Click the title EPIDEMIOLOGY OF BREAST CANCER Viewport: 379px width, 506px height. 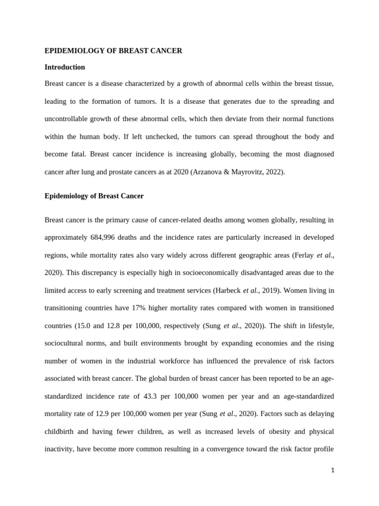pyautogui.click(x=113, y=51)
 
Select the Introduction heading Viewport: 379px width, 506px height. pyautogui.click(x=65, y=67)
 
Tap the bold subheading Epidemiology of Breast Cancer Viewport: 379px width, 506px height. pyautogui.click(x=94, y=196)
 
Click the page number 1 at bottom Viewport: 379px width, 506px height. pyautogui.click(x=333, y=470)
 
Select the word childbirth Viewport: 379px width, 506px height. pyautogui.click(x=61, y=432)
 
